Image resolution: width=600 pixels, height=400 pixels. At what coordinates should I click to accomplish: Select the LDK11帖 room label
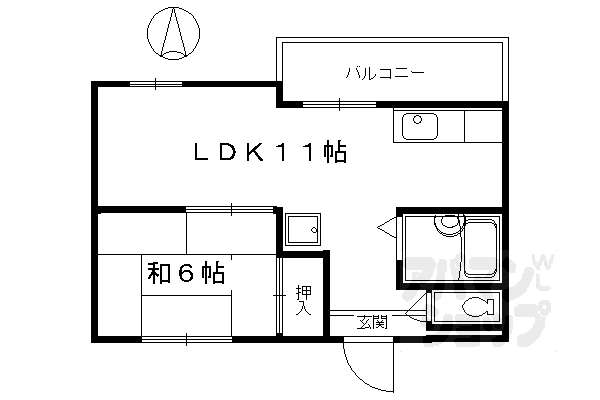269,153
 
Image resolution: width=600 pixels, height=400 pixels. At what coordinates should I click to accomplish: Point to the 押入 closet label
302,300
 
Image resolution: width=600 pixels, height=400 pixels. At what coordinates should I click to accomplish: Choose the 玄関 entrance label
372,322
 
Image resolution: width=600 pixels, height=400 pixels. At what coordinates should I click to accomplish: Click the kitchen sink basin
419,128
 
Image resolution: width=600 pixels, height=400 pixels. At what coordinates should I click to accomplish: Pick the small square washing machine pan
301,231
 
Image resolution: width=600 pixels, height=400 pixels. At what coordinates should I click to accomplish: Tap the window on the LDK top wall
155,84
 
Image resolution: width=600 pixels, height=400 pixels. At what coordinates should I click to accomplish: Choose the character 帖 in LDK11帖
335,153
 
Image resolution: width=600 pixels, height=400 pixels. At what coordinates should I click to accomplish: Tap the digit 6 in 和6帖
186,272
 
